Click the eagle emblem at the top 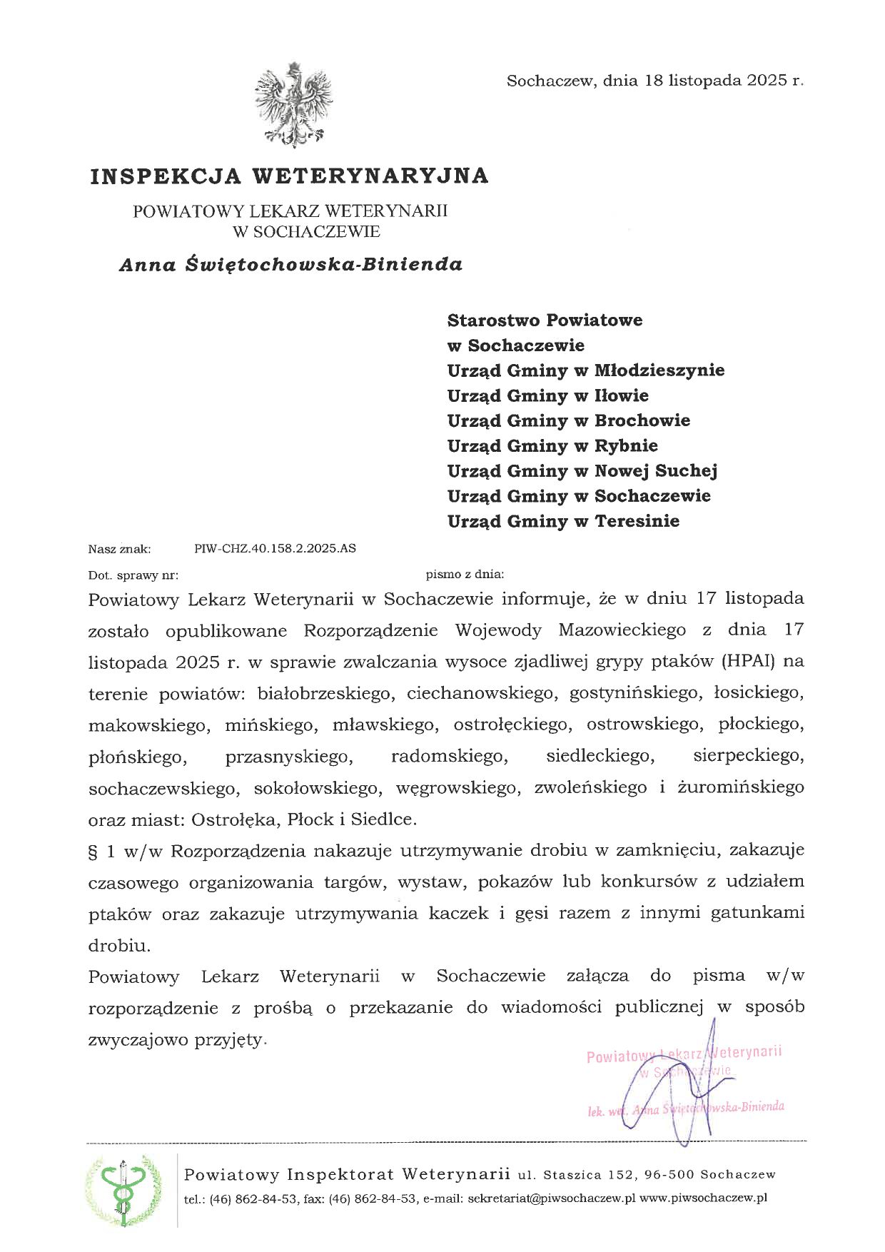293,105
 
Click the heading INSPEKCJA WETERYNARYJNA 289,176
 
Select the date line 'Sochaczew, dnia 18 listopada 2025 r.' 654,81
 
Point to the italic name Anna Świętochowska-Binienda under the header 290,265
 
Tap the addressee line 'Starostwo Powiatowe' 545,320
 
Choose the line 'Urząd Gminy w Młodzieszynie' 585,370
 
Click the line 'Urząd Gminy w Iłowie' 547,395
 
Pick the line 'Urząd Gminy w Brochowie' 568,420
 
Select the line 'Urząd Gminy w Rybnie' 552,445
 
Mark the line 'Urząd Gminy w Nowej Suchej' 582,470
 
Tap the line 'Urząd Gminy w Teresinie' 563,521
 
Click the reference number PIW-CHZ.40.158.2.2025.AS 275,548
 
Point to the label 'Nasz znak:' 120,549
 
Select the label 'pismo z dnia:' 465,573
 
